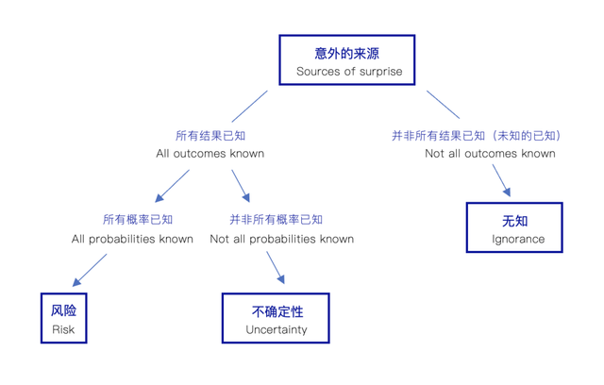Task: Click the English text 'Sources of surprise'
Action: (349, 72)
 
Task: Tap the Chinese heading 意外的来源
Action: (346, 53)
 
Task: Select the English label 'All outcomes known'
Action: (210, 154)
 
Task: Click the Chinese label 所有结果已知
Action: (210, 136)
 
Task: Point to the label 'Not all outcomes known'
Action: (490, 154)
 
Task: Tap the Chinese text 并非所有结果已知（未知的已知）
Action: (478, 136)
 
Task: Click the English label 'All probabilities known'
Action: (132, 239)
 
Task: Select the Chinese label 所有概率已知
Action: (138, 220)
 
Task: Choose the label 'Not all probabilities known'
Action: (281, 239)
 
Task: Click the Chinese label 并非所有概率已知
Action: (276, 220)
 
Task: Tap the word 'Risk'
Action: (63, 329)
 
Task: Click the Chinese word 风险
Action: (63, 310)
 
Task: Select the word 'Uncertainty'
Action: (277, 330)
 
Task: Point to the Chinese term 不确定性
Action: (277, 311)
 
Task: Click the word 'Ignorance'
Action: (518, 239)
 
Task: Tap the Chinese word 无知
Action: (514, 221)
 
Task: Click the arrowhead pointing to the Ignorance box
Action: (507, 192)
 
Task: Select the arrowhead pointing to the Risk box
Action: (76, 282)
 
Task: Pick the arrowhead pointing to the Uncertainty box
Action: (281, 279)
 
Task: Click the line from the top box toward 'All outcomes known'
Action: (249, 107)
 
